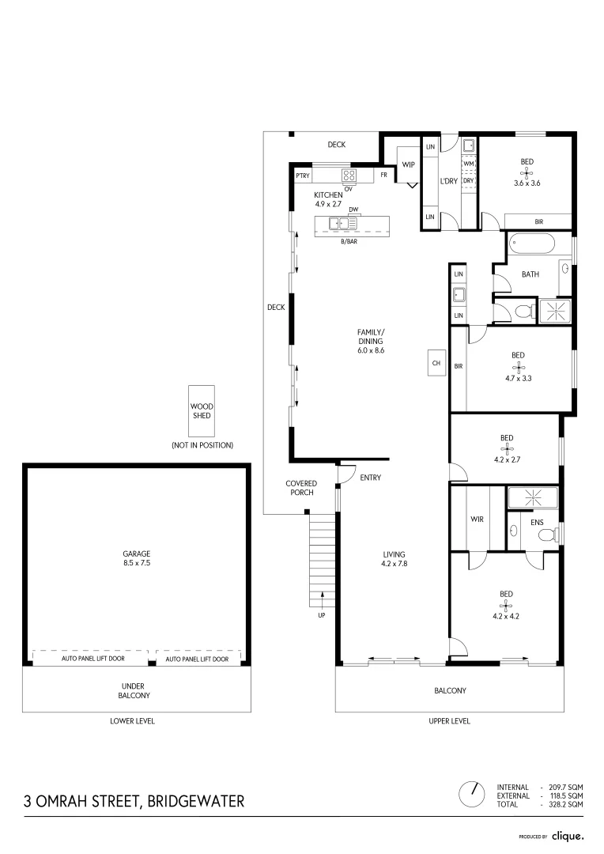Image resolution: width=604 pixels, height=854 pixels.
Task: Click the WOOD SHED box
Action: tap(202, 410)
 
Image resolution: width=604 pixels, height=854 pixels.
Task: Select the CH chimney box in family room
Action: tap(436, 363)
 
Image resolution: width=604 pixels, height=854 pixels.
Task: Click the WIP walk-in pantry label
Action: tap(408, 164)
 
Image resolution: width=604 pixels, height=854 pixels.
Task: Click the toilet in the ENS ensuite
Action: tap(546, 535)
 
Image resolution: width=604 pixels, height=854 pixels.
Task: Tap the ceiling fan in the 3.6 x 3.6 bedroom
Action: tap(527, 173)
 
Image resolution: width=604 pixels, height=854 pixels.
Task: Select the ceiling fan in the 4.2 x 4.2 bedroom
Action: tap(506, 605)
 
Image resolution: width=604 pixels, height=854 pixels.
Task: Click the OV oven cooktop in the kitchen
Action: tap(348, 176)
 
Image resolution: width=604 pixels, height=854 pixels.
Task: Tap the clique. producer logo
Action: tap(568, 835)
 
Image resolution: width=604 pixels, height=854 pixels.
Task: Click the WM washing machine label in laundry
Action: tap(468, 164)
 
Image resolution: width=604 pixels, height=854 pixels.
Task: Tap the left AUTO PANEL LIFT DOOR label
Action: tap(89, 659)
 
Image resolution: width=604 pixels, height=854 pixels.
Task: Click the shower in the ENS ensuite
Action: tap(532, 497)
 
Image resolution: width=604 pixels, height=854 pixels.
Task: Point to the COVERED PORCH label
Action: tap(301, 488)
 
